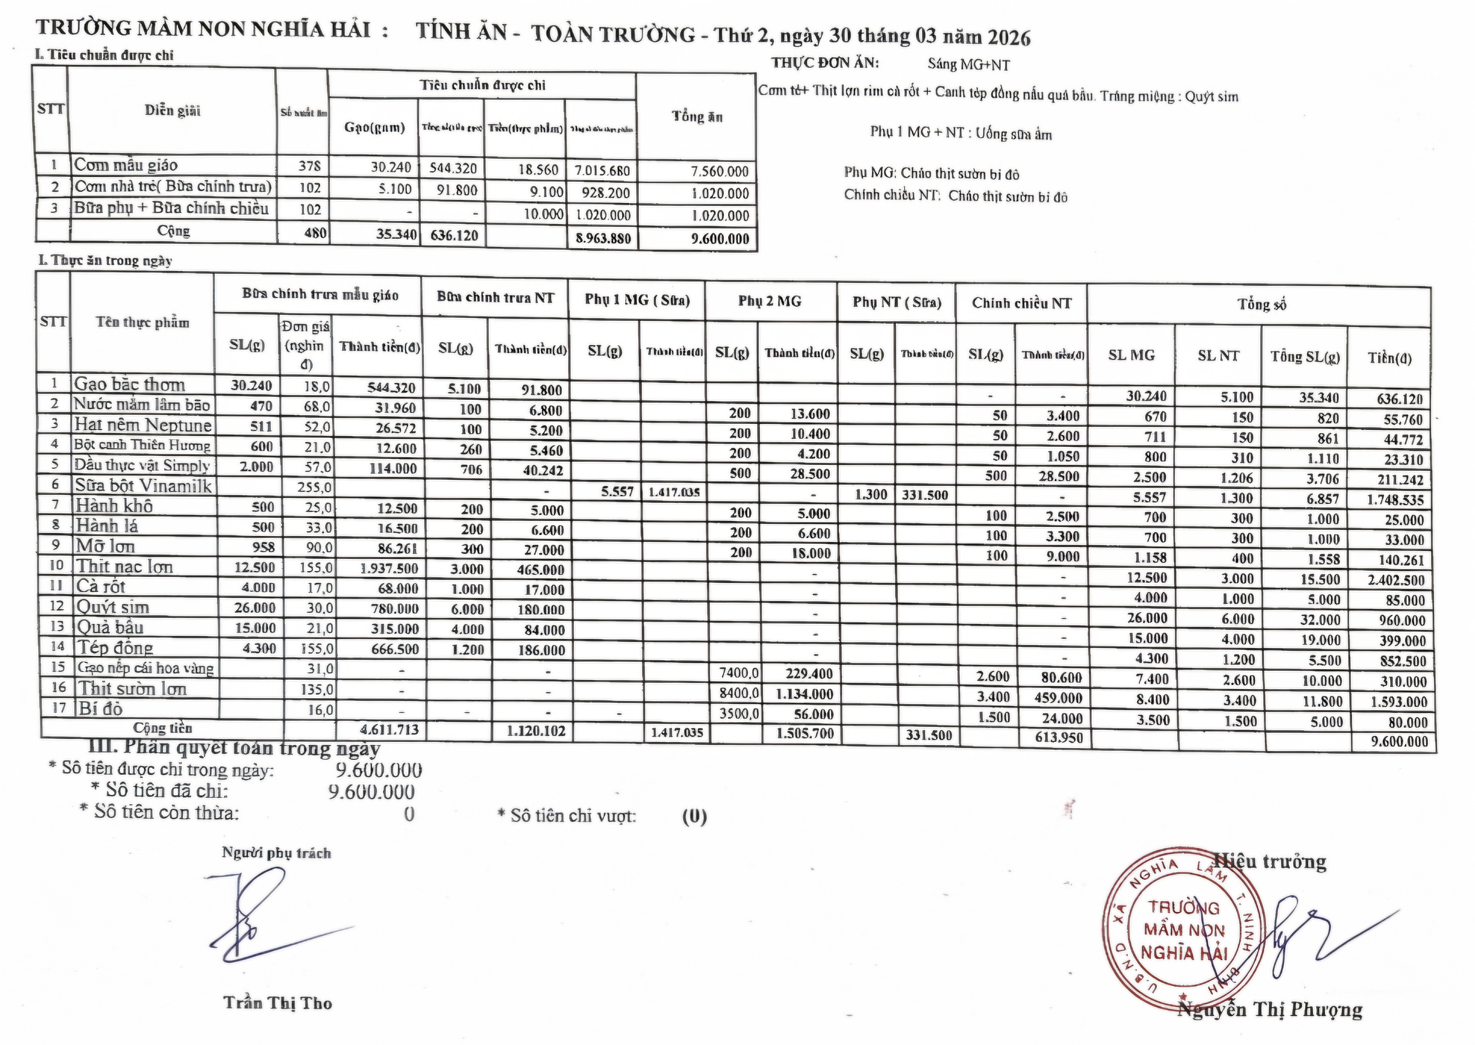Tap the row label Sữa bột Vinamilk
(x=143, y=486)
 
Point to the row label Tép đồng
(x=114, y=647)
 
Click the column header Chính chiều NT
(x=1021, y=303)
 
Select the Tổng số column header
(x=1261, y=304)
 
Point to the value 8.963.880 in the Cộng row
(x=603, y=238)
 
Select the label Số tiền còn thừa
(x=166, y=813)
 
